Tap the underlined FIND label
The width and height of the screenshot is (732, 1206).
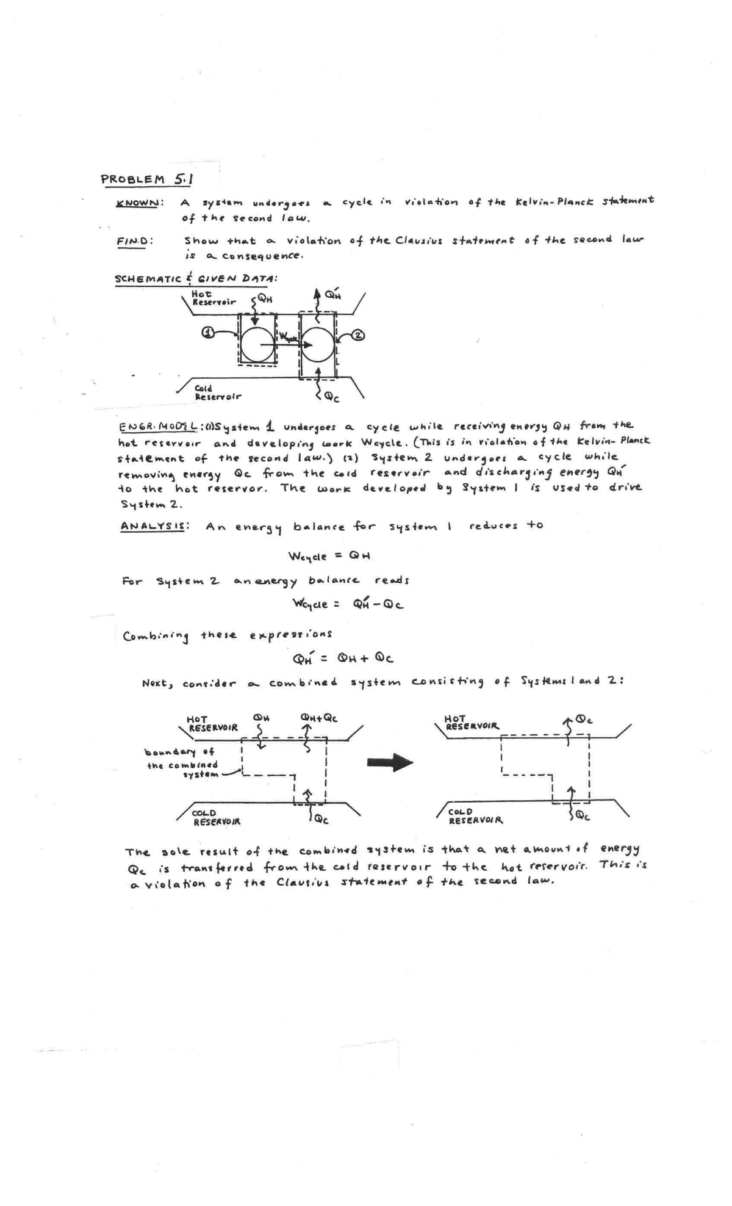pyautogui.click(x=135, y=240)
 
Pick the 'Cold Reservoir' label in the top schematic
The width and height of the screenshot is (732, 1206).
pyautogui.click(x=217, y=392)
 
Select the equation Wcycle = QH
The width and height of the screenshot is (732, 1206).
pyautogui.click(x=330, y=556)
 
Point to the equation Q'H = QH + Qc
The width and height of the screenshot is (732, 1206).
pyautogui.click(x=345, y=658)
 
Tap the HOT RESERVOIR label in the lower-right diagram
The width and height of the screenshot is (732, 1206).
pyautogui.click(x=473, y=723)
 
